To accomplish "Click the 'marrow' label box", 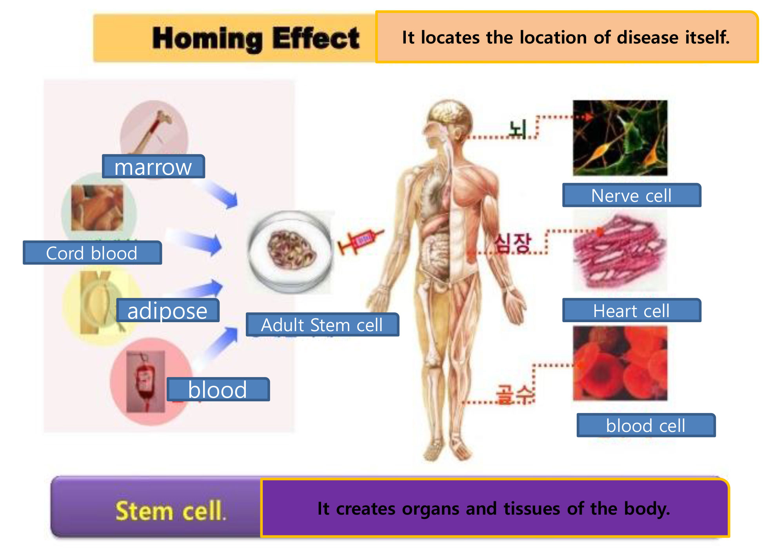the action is pos(153,167).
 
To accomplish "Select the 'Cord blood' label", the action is pos(92,253).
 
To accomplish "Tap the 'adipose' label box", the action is pos(168,310).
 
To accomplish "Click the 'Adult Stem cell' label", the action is pos(322,325).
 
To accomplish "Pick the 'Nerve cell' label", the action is pos(632,195).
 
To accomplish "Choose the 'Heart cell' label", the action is pos(632,310).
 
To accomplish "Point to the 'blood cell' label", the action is pos(646,425).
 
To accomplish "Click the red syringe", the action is pos(361,241).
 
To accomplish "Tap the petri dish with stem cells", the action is pos(290,252).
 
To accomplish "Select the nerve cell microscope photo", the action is pos(620,138).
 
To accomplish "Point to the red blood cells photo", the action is pos(620,363).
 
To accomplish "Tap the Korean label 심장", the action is pos(512,243).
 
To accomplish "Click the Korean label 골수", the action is pos(515,394).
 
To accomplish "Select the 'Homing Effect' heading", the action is pos(256,38).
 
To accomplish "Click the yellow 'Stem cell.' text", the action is pos(171,511).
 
